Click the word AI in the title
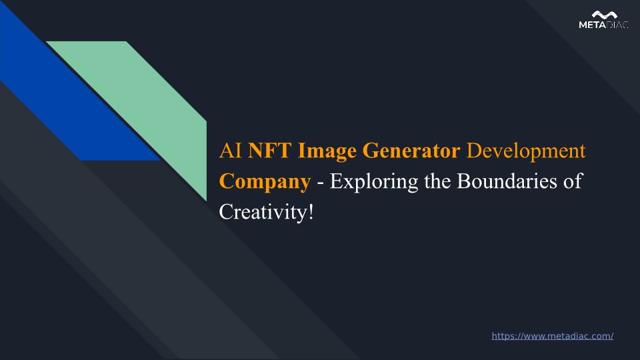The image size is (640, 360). coord(231,150)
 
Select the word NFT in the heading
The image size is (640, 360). coord(269,150)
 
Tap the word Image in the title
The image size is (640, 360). coord(327,152)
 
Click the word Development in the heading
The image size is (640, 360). coord(526,152)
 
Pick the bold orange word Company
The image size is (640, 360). coord(265,182)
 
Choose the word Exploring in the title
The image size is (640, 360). coord(374,182)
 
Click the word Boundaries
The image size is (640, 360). coord(507,181)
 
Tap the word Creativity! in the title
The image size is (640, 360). coord(266,212)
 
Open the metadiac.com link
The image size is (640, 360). coord(552,336)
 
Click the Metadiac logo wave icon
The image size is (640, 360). coord(604,15)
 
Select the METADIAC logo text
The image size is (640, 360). coord(603,25)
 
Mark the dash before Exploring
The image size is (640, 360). coord(321,183)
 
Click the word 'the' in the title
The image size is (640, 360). coord(437,181)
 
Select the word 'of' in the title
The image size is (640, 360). coord(573,181)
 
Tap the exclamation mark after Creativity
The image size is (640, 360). coord(311,212)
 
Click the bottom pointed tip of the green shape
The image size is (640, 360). coord(206,201)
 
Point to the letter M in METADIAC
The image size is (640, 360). coord(583,25)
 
